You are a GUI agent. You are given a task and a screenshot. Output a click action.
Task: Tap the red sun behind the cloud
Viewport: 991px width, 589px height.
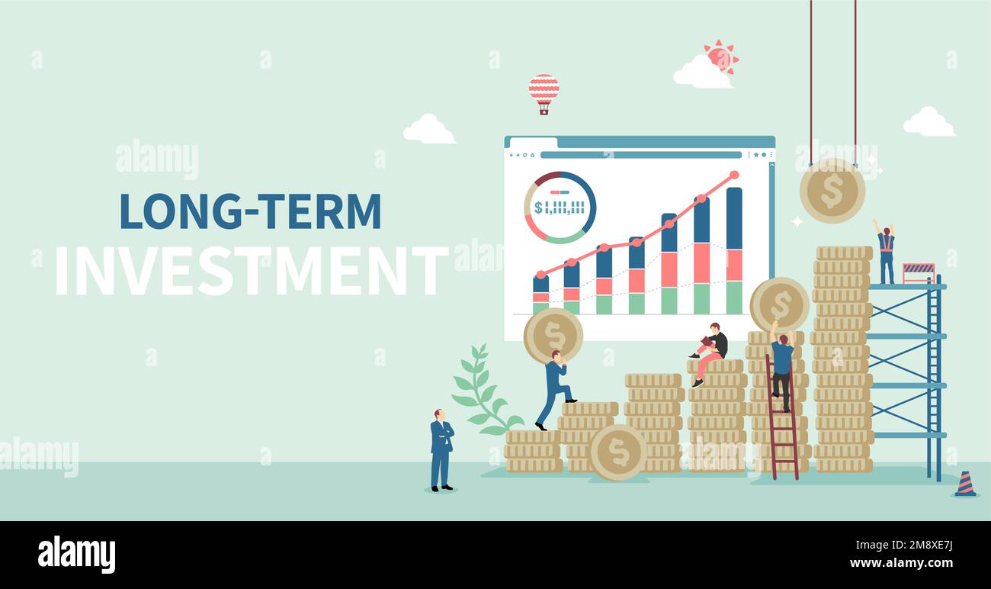pyautogui.click(x=722, y=56)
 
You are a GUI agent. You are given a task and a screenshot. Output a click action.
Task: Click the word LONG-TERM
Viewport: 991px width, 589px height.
pyautogui.click(x=250, y=211)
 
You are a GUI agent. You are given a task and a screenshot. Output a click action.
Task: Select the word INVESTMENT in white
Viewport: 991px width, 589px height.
pyautogui.click(x=252, y=271)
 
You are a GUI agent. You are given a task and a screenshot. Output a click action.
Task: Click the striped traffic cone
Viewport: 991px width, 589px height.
pyautogui.click(x=965, y=484)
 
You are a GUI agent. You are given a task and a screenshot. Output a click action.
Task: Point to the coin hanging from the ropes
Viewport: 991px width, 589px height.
pyautogui.click(x=832, y=191)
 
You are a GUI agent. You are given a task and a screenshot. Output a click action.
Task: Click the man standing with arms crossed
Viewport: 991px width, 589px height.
pyautogui.click(x=442, y=449)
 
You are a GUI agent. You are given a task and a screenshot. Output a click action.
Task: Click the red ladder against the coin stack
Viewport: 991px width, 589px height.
pyautogui.click(x=783, y=417)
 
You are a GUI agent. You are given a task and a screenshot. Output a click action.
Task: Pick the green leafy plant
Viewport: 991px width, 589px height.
pyautogui.click(x=484, y=390)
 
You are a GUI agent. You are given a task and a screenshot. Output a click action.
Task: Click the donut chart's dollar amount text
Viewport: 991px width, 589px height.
pyautogui.click(x=560, y=208)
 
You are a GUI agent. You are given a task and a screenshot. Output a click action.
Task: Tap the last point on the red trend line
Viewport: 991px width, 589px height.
pyautogui.click(x=734, y=175)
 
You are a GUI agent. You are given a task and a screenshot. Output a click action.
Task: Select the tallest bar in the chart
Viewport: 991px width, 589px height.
pyautogui.click(x=734, y=251)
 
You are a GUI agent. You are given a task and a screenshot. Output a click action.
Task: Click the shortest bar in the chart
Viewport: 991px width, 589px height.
pyautogui.click(x=540, y=294)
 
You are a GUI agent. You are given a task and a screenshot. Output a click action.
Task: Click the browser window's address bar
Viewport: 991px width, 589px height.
pyautogui.click(x=641, y=155)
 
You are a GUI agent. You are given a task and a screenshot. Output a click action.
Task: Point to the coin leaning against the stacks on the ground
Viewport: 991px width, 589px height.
pyautogui.click(x=618, y=452)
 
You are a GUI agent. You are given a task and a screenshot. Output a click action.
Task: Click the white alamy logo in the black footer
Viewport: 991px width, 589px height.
pyautogui.click(x=76, y=554)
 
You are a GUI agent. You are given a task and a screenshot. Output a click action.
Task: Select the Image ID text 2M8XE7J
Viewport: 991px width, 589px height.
pyautogui.click(x=928, y=546)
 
